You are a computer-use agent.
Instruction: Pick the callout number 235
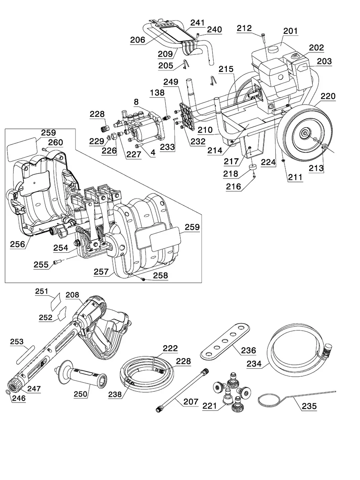(x=309, y=406)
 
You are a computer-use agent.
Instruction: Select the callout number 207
(x=191, y=402)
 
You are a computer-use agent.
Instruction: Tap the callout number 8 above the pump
(x=136, y=102)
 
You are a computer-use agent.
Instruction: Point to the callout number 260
(x=55, y=143)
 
